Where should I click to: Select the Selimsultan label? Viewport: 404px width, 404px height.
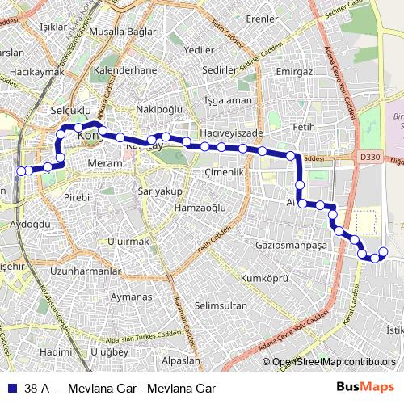pos(221,305)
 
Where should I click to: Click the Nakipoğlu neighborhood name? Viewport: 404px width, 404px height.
pos(160,109)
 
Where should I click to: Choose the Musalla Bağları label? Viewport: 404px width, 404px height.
pos(124,32)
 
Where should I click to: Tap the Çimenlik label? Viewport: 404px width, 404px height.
pos(224,173)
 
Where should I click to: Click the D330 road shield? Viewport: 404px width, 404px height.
pos(370,157)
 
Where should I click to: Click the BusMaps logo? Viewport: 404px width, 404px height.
pos(372,388)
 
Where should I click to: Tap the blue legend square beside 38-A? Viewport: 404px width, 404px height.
pos(11,388)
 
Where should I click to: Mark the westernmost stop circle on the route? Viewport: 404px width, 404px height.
pos(21,170)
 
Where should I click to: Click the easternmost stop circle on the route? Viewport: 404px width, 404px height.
pos(383,252)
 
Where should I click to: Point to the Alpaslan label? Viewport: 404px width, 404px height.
pos(180,360)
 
